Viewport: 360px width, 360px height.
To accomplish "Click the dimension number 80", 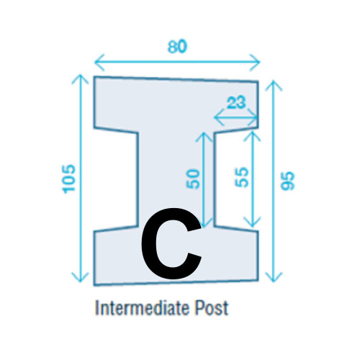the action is click(177, 47).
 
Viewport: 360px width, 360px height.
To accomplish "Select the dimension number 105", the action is click(69, 179).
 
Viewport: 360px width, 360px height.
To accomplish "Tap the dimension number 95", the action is click(287, 181).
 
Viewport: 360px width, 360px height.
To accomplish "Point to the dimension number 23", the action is click(236, 102).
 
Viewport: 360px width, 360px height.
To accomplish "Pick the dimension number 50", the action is click(193, 179).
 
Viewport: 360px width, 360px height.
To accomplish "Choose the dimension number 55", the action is click(241, 177).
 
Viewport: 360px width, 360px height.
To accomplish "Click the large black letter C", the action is click(171, 243).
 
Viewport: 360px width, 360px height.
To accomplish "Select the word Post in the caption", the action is click(211, 308).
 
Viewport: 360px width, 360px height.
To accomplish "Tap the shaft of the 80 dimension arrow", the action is click(177, 62).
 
